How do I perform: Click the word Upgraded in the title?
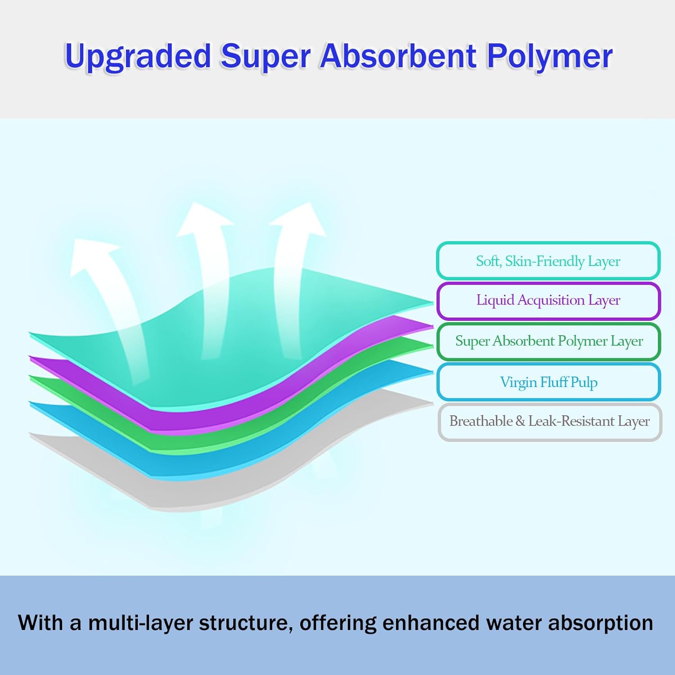coord(138,57)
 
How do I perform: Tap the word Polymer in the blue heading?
coord(549,57)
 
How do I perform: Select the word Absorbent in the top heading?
coord(398,56)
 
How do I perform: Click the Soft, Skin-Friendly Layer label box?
coord(548,261)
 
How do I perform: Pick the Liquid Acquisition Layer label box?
coord(548,300)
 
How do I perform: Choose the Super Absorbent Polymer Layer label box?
coord(549,341)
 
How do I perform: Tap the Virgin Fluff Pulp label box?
coord(549,382)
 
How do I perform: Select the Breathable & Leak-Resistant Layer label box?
coord(549,421)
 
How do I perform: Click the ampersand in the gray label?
coord(520,422)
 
